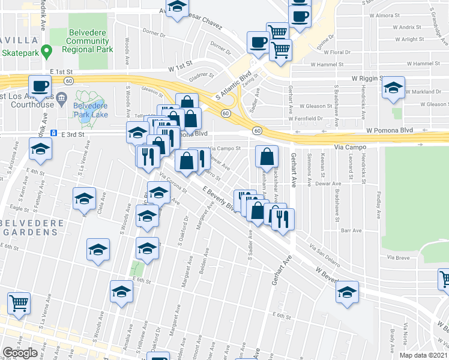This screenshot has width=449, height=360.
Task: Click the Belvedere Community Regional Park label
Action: click(x=88, y=41)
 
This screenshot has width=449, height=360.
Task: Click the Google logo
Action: click(x=20, y=353)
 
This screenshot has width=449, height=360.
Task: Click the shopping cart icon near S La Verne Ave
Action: click(x=19, y=303)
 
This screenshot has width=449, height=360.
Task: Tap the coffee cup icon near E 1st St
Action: click(x=40, y=86)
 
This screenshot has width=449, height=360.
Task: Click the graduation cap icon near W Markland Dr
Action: click(x=393, y=88)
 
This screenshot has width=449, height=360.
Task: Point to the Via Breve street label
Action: click(x=398, y=257)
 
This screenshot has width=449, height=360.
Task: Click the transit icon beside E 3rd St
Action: click(x=53, y=133)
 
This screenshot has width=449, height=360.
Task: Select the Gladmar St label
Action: click(x=201, y=76)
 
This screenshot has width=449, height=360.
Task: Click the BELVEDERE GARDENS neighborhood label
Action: click(x=23, y=228)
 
